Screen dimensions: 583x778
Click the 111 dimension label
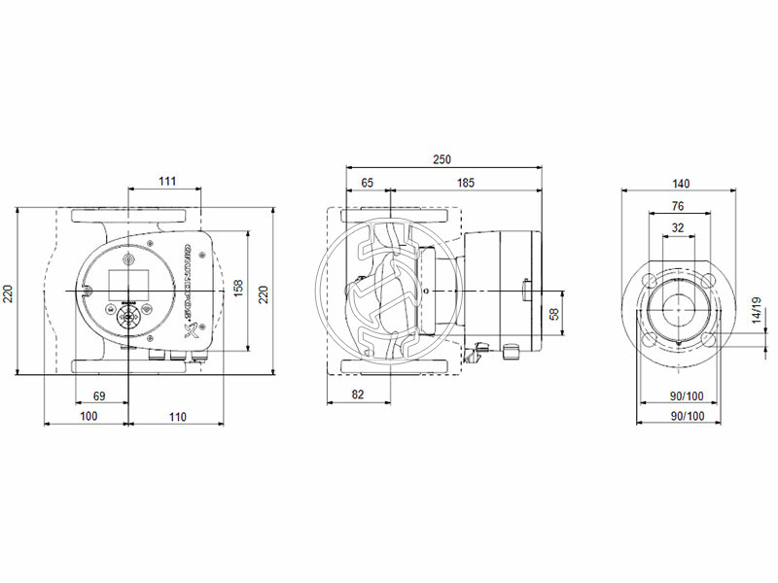click(167, 182)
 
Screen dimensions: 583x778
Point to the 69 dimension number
click(99, 396)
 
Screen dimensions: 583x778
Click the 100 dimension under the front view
click(88, 416)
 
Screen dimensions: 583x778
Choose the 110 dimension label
click(175, 416)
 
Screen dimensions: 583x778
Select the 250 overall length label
click(443, 159)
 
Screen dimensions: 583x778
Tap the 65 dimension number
click(368, 182)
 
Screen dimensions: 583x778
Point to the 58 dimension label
click(554, 313)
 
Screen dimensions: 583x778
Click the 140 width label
click(681, 183)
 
